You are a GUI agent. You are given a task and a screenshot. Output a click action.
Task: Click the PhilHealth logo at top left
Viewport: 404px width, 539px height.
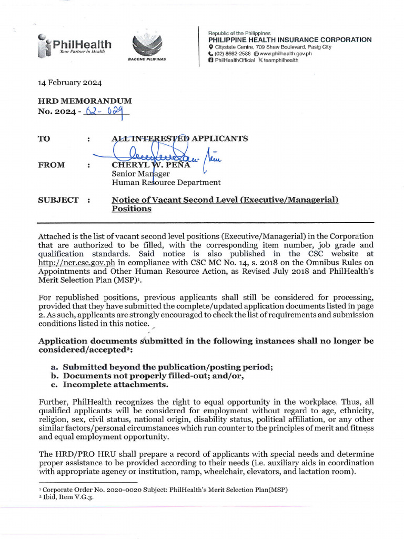(x=74, y=46)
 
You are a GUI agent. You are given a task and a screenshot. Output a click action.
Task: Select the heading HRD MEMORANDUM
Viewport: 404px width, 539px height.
(x=85, y=101)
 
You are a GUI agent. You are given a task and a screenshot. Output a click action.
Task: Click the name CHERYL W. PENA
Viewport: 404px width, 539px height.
(x=148, y=165)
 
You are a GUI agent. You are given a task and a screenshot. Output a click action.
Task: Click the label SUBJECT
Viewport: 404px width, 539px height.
(x=58, y=200)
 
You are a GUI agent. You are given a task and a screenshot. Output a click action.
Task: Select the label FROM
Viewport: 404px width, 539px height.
(x=52, y=165)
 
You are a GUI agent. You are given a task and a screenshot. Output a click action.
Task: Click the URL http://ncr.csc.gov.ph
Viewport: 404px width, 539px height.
(x=77, y=262)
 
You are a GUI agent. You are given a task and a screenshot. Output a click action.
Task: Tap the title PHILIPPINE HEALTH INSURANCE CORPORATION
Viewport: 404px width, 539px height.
(x=290, y=39)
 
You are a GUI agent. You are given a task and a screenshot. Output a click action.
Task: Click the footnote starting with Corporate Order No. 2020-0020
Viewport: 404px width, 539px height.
(x=163, y=490)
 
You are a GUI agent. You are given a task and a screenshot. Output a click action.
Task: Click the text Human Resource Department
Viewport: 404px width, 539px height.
(x=166, y=183)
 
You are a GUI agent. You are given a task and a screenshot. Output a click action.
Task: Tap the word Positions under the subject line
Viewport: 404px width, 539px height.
(x=132, y=209)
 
